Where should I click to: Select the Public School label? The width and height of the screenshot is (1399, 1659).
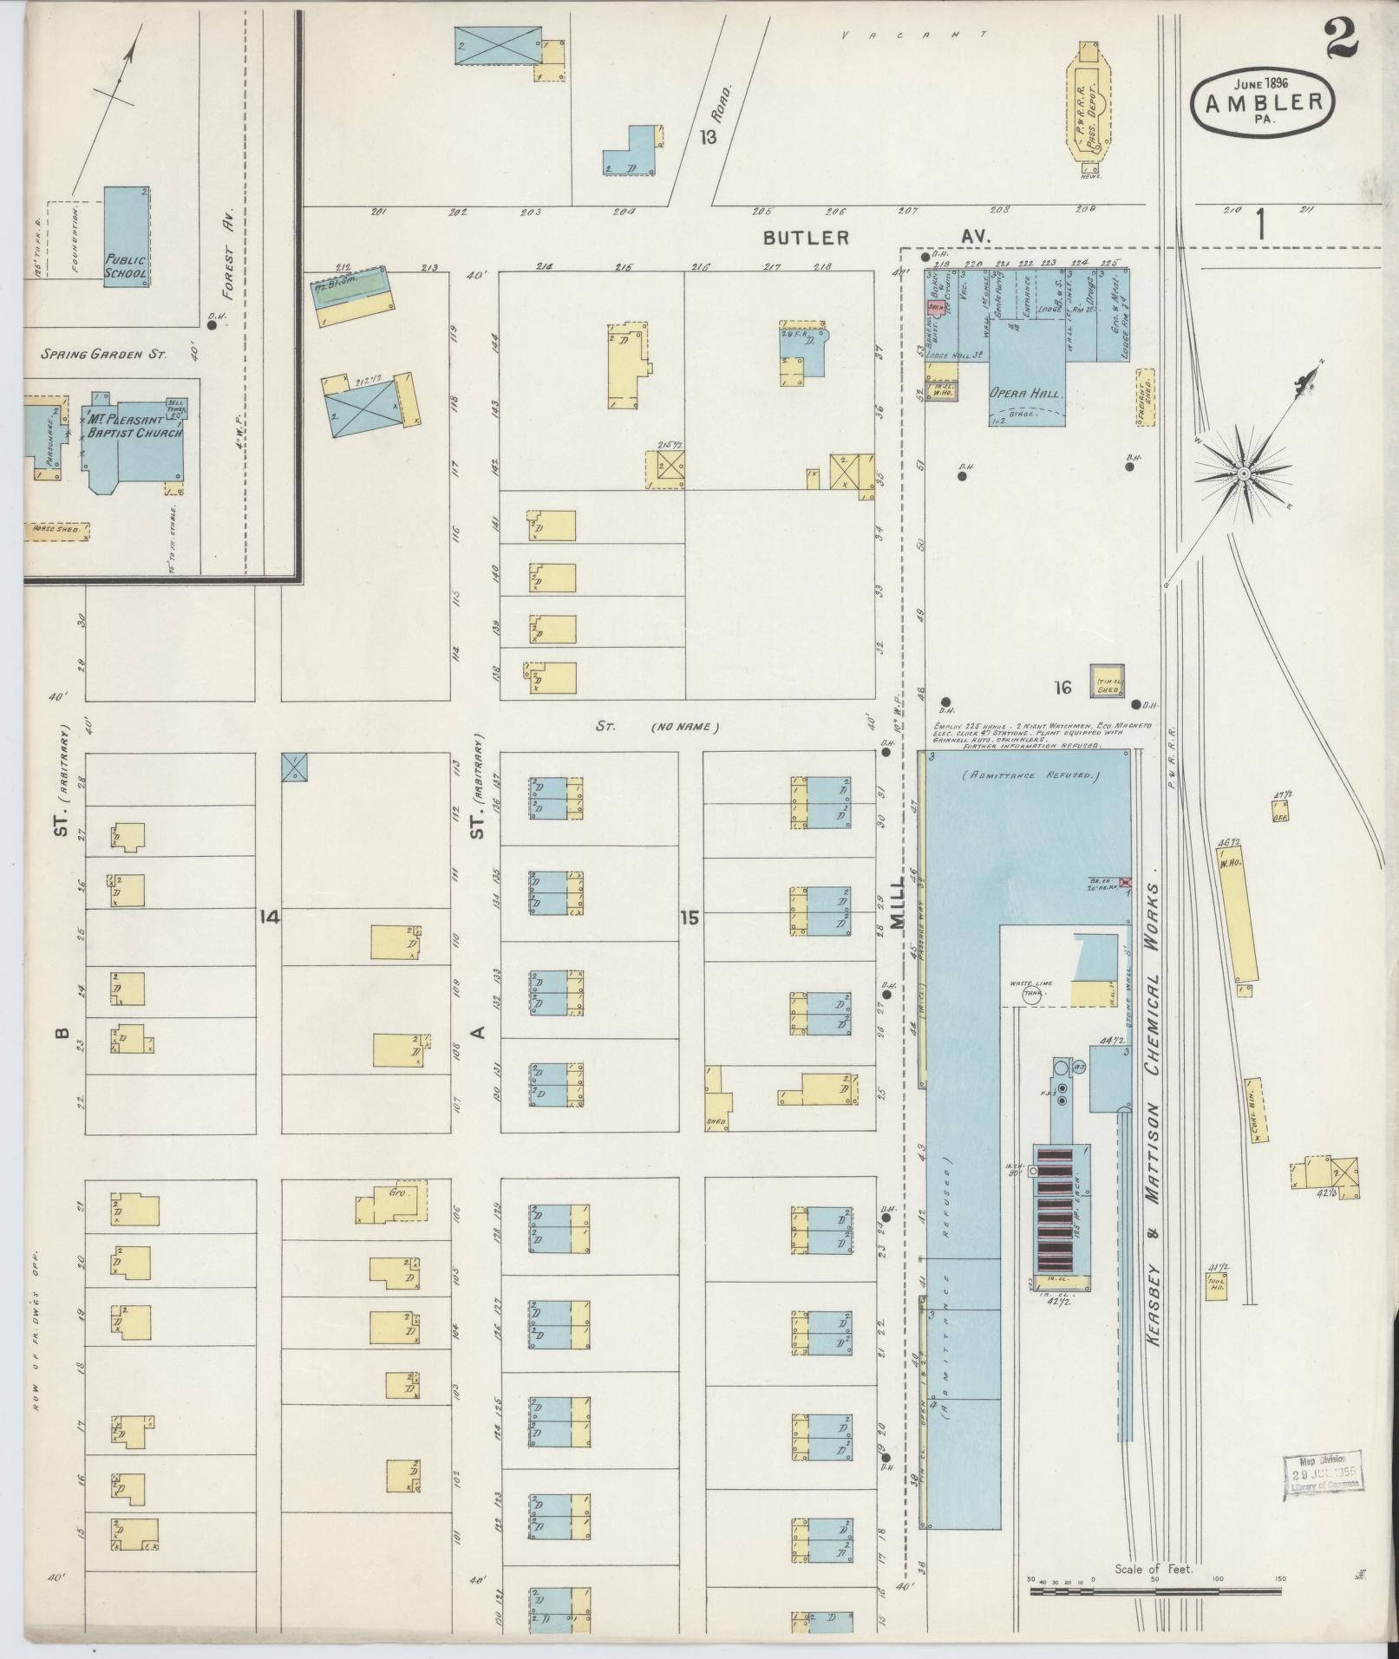pyautogui.click(x=126, y=265)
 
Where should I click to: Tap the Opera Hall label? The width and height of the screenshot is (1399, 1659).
pyautogui.click(x=1027, y=393)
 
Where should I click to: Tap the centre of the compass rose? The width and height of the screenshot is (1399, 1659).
pyautogui.click(x=1243, y=474)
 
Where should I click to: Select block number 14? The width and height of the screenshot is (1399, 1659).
pyautogui.click(x=270, y=916)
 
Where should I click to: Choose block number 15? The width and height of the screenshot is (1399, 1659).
pyautogui.click(x=690, y=917)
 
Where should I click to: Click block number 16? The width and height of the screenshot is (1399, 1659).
pyautogui.click(x=1062, y=688)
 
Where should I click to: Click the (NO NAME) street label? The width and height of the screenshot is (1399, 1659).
pyautogui.click(x=684, y=727)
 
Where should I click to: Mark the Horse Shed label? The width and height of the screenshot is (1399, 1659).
pyautogui.click(x=56, y=529)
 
